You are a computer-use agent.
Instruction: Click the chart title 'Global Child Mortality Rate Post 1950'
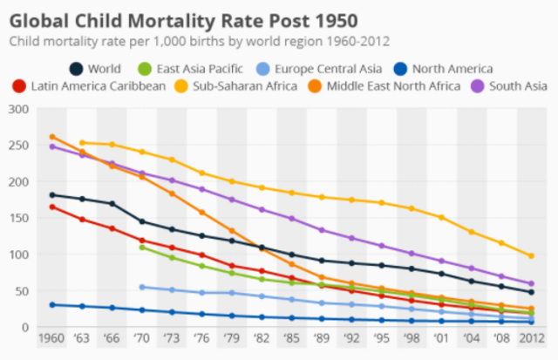pos(184,18)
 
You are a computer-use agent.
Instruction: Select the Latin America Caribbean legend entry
pos(91,85)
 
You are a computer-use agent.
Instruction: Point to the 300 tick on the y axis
pos(18,109)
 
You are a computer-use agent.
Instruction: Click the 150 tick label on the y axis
pos(18,218)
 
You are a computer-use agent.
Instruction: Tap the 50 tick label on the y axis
pos(22,291)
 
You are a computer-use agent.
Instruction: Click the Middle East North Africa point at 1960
pos(52,137)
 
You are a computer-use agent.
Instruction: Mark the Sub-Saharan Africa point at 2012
pos(531,256)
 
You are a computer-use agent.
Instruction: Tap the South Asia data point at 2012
pos(531,283)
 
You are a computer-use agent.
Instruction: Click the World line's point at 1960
pos(52,194)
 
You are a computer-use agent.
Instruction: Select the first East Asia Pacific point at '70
pos(142,248)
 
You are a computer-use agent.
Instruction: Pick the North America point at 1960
pos(52,305)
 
